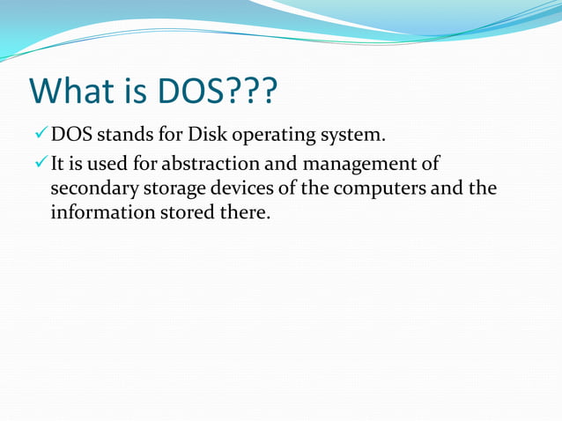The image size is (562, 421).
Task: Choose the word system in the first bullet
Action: tap(354, 137)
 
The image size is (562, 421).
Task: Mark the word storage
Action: tap(164, 190)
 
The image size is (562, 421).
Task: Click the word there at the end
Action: tap(239, 213)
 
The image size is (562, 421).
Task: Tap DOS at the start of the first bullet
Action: tap(67, 136)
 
